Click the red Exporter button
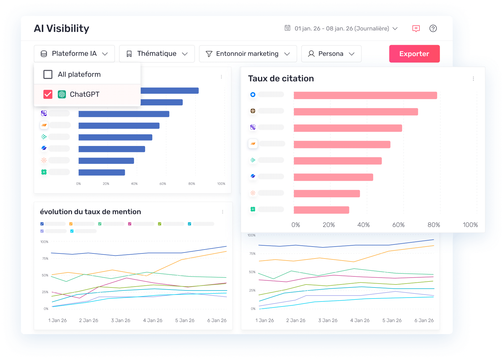tap(414, 54)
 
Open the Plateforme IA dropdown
tap(74, 54)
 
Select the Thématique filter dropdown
tap(157, 54)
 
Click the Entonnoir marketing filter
tap(248, 54)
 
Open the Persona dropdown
tap(331, 54)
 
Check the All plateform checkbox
tap(48, 74)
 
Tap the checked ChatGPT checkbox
tap(48, 94)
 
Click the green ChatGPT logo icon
tap(62, 94)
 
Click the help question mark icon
tap(433, 28)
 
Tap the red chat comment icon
tap(416, 28)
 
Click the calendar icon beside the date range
tap(287, 28)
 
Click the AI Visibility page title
tap(62, 28)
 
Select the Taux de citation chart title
tap(281, 79)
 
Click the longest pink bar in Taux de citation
tap(365, 96)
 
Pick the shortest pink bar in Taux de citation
tap(321, 210)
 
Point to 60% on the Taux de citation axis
tap(398, 225)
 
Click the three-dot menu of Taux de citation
tap(473, 79)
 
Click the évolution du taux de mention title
tap(90, 212)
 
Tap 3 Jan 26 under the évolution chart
tap(121, 320)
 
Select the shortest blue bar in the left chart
tap(102, 172)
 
